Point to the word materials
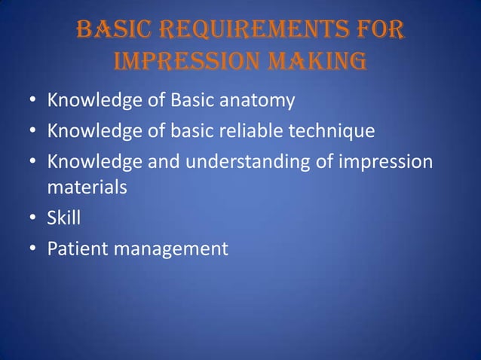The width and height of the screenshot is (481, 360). click(87, 187)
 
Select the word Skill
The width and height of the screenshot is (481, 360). click(64, 218)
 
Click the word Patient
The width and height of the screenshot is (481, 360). click(78, 249)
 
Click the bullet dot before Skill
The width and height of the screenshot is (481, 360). click(33, 218)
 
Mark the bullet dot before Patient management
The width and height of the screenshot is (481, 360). click(33, 249)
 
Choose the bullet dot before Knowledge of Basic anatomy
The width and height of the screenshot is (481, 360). click(33, 100)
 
